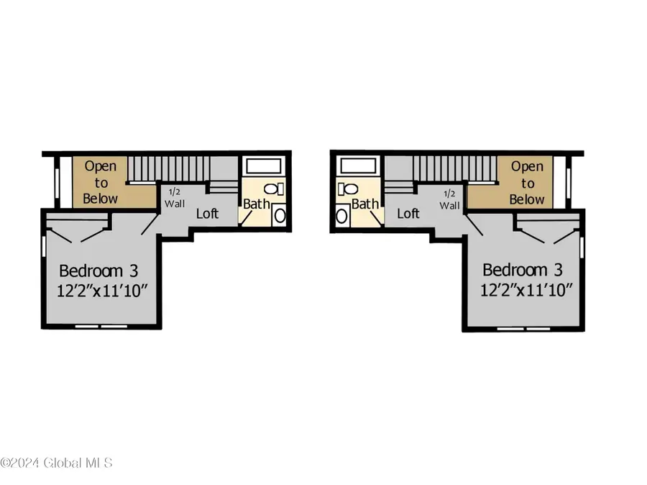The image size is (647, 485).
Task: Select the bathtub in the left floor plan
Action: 264,167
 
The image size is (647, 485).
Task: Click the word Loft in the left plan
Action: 208,213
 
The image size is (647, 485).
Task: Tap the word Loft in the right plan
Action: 408,213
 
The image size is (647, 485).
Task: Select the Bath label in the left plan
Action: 256,204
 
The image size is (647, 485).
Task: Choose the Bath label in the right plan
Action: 365,204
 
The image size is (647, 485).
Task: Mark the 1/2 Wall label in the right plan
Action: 450,199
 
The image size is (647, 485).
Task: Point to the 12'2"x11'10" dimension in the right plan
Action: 528,291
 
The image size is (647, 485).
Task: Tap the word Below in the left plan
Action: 101,198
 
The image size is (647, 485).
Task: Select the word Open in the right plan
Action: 527,166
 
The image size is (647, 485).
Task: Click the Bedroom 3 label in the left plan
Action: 98,271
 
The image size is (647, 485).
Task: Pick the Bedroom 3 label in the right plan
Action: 522,271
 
